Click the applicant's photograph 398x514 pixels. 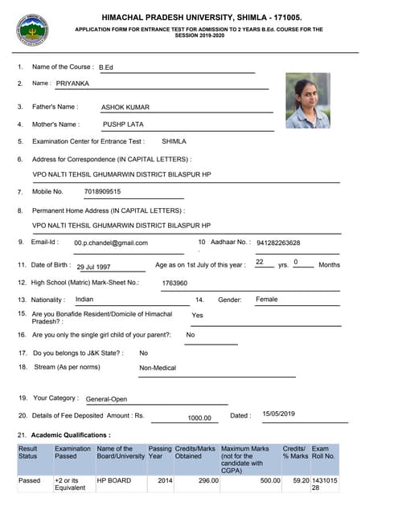point(308,100)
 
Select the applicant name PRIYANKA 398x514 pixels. point(74,84)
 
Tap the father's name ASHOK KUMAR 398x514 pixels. point(125,107)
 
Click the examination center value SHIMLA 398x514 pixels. point(174,141)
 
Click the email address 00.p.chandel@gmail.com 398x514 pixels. point(111,243)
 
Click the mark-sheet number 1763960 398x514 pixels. point(174,283)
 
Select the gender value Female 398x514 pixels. point(267,300)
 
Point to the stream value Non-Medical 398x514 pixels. point(158,368)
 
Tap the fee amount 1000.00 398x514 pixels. point(199,418)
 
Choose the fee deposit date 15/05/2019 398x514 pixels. point(280,414)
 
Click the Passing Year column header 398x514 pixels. point(160,454)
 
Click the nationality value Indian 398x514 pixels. point(84,300)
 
